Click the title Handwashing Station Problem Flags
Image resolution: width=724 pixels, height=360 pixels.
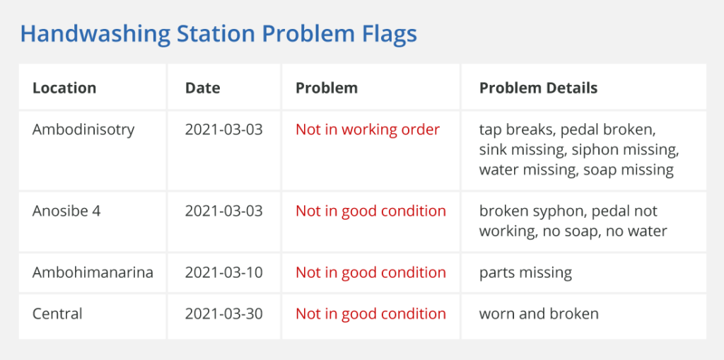pos(218,35)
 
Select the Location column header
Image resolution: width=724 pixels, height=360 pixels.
pos(64,88)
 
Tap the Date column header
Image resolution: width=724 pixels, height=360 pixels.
pos(203,88)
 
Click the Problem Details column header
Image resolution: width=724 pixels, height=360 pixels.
pos(538,88)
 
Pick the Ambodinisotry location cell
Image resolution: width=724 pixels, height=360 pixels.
pos(83,130)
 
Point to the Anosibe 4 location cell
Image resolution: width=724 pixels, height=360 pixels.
pos(66,211)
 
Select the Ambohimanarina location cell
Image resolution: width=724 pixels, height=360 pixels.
pos(93,273)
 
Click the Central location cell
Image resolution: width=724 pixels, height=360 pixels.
pos(57,314)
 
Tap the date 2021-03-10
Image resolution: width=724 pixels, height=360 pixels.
pos(224,273)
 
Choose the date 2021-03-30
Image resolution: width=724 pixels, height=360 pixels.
pos(224,314)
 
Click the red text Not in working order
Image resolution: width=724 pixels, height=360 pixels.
pos(368,130)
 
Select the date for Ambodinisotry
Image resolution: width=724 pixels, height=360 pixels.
pos(224,130)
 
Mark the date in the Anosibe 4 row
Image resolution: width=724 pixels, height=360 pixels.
pos(224,211)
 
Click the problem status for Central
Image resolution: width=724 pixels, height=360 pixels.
pos(370,314)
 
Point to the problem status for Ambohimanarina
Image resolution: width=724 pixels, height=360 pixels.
pos(370,273)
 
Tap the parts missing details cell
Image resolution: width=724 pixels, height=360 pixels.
pos(525,273)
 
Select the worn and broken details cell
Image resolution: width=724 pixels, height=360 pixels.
pos(539,314)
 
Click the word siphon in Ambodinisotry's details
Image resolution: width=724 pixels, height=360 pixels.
pos(590,150)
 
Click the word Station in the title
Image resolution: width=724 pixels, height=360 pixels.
pos(203,35)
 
